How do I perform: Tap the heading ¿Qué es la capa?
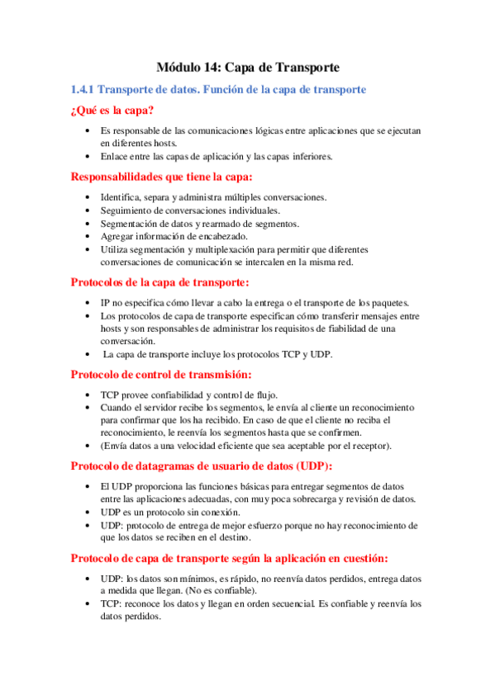(x=112, y=111)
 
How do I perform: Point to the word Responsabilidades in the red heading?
(x=123, y=177)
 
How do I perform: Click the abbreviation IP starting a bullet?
(x=105, y=303)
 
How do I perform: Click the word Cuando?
(x=117, y=408)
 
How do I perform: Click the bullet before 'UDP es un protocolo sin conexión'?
(x=89, y=513)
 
